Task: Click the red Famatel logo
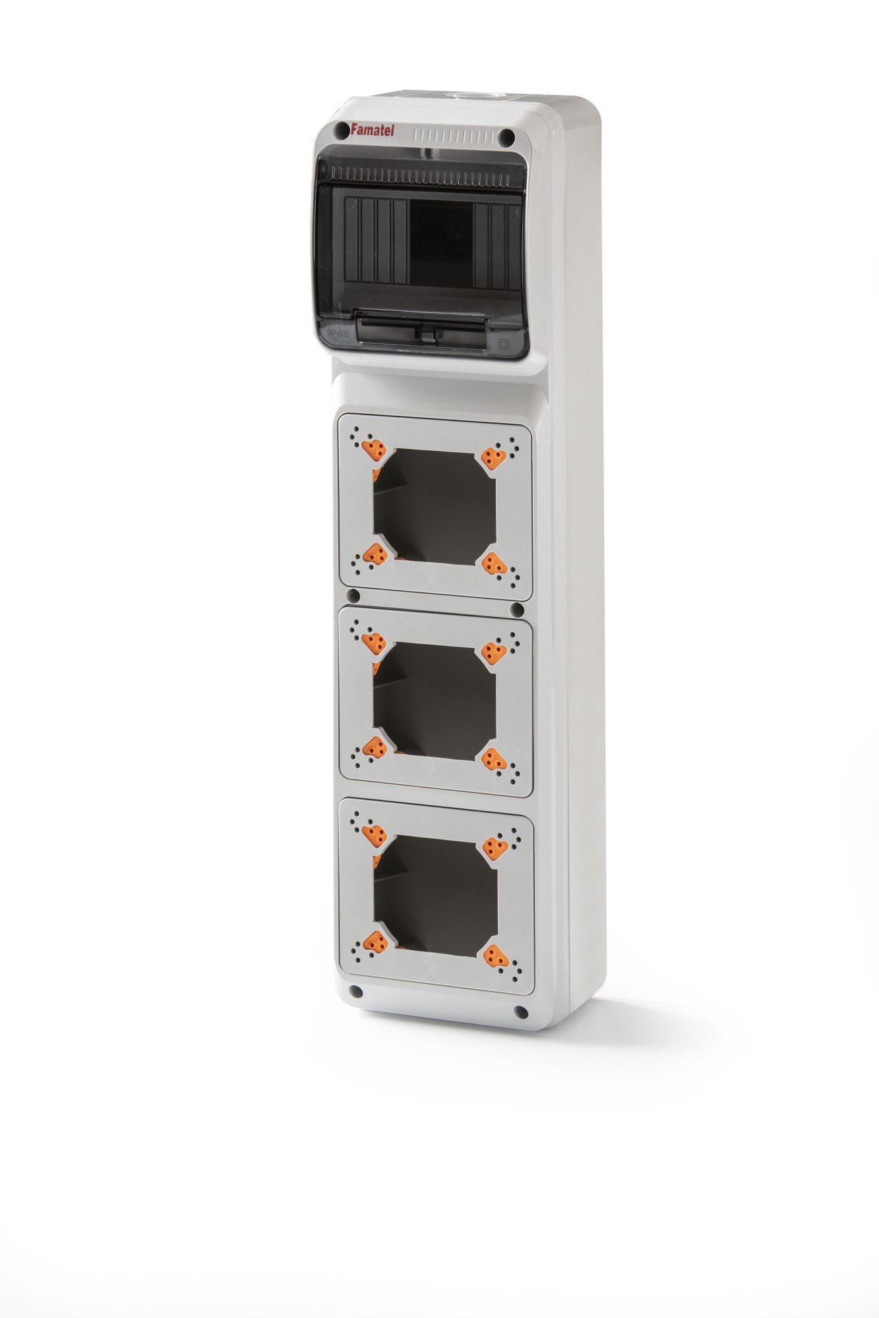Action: pos(372,130)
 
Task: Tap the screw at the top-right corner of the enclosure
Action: pos(506,138)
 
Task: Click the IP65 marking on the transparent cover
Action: pos(338,334)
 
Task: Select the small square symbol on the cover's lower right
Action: pos(505,343)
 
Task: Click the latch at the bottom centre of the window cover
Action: pos(427,335)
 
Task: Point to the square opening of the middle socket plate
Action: pos(435,702)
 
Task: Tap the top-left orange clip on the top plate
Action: pos(375,450)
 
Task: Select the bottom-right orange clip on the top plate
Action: pos(494,564)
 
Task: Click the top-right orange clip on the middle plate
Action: pos(494,652)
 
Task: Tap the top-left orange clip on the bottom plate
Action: pos(375,836)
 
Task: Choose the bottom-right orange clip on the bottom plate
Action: pos(495,956)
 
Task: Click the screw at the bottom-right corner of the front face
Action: pos(521,1012)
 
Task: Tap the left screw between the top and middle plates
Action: pos(354,596)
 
